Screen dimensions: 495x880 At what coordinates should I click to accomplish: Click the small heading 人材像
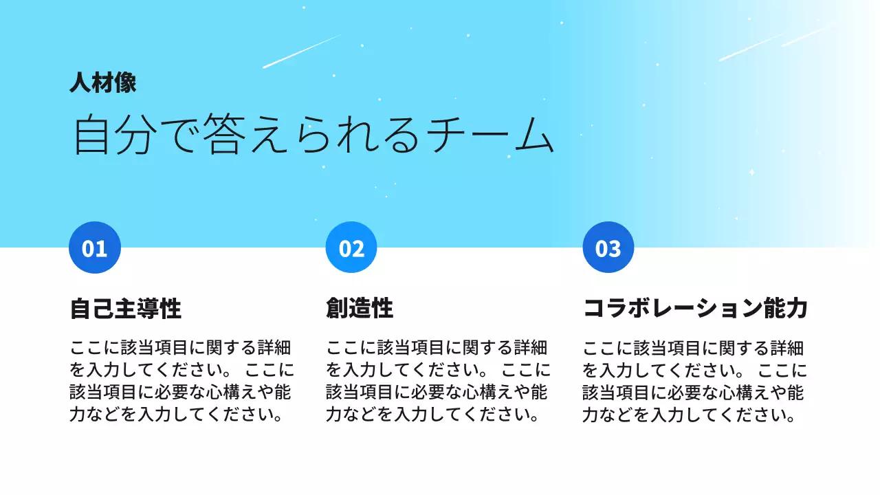click(x=102, y=83)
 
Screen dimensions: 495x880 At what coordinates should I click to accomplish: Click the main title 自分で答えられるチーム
click(x=313, y=135)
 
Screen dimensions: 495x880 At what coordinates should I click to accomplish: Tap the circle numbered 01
click(x=95, y=247)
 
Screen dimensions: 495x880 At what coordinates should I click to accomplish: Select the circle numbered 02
click(x=351, y=247)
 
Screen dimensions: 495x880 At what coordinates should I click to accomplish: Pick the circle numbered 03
click(x=608, y=247)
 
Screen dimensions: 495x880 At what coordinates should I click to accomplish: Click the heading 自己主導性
click(x=126, y=309)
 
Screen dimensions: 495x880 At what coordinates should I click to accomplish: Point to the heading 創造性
click(x=360, y=309)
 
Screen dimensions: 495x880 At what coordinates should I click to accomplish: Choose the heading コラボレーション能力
click(x=694, y=309)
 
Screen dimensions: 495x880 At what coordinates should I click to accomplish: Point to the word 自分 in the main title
click(x=116, y=135)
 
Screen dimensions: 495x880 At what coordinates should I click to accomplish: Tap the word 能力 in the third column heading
click(x=785, y=309)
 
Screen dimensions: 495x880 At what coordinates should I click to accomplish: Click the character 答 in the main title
click(x=205, y=135)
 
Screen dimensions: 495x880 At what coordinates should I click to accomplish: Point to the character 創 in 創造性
click(x=337, y=309)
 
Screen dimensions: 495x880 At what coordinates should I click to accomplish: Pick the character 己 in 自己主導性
click(x=103, y=309)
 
